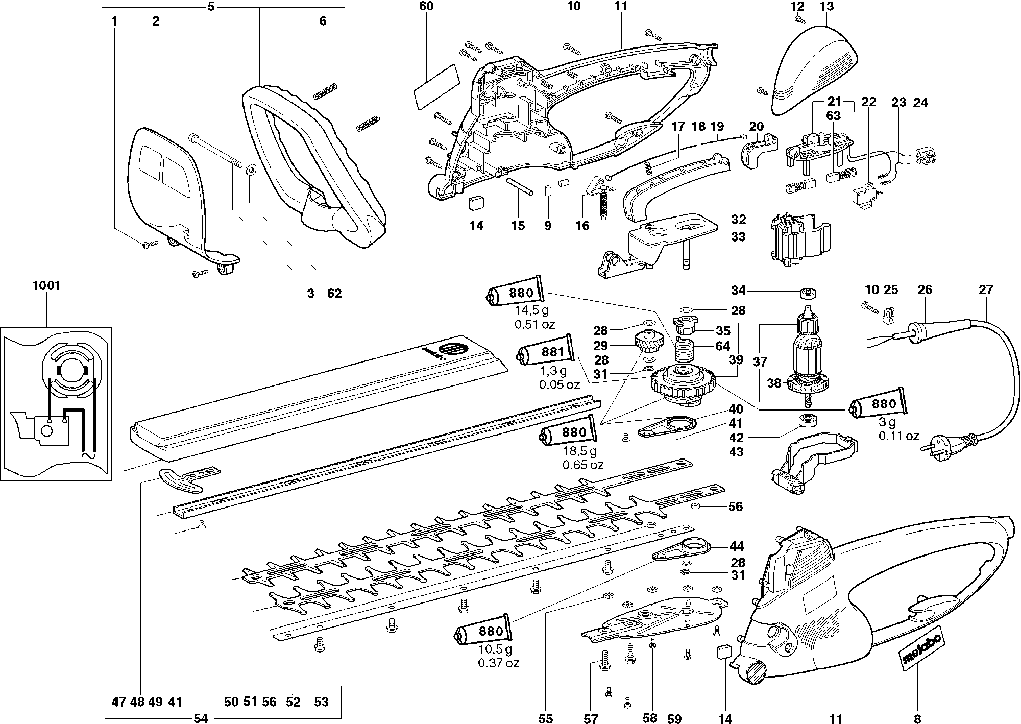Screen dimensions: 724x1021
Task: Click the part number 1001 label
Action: [46, 286]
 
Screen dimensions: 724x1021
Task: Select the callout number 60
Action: [426, 7]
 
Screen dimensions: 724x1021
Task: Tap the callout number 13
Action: [826, 7]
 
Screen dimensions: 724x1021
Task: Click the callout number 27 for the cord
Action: [986, 290]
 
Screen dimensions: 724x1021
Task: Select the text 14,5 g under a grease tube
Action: [534, 310]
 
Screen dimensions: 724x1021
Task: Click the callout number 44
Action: [737, 546]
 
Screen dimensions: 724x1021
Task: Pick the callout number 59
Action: [674, 719]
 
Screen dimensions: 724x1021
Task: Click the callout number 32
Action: [738, 220]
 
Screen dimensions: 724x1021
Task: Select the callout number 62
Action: [334, 293]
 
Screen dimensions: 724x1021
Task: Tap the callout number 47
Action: [118, 702]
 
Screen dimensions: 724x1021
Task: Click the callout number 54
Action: [201, 719]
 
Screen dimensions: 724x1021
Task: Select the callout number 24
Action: [920, 103]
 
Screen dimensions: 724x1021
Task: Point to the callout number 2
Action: [155, 21]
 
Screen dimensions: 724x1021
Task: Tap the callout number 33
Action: [738, 237]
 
